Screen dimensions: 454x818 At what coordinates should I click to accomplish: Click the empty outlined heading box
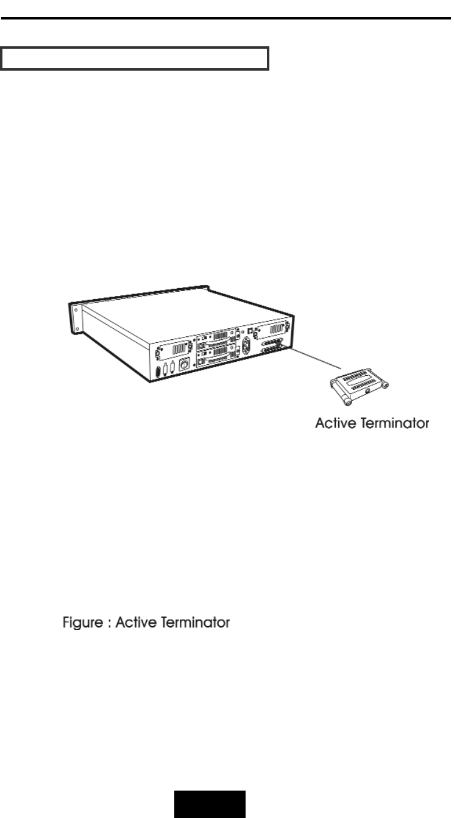coord(135,58)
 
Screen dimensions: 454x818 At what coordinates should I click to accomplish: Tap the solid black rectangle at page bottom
coord(211,804)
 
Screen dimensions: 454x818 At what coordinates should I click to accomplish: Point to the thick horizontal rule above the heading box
coord(227,19)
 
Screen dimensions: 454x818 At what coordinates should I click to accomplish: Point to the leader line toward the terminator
coord(314,359)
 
